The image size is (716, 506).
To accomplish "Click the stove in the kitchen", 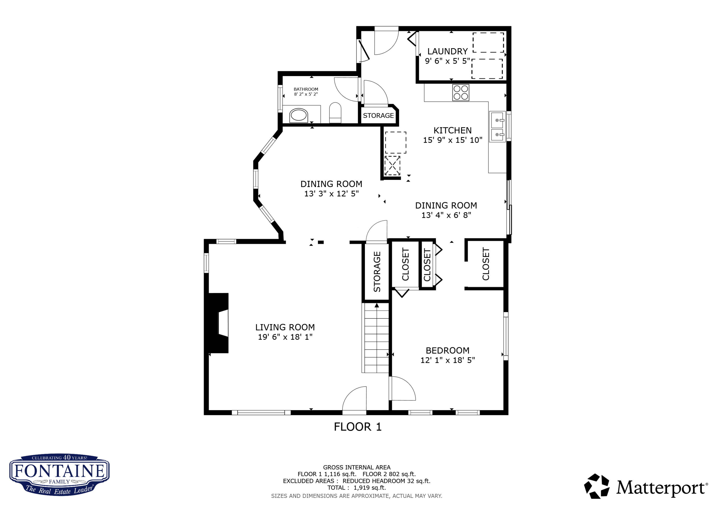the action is pyautogui.click(x=461, y=93).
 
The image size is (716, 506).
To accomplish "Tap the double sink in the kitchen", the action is pyautogui.click(x=497, y=127).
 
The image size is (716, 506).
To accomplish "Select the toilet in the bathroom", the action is pyautogui.click(x=335, y=113).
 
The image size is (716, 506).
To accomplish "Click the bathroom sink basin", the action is pyautogui.click(x=299, y=116).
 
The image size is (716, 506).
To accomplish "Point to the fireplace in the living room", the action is pyautogui.click(x=218, y=323).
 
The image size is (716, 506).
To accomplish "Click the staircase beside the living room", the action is pyautogui.click(x=376, y=338).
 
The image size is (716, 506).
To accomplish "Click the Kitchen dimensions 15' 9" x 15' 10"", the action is pyautogui.click(x=453, y=140).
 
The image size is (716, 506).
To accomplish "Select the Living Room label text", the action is pyautogui.click(x=285, y=327).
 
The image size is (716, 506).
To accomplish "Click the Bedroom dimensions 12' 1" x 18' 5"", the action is pyautogui.click(x=447, y=360).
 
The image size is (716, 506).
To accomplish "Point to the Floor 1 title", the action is pyautogui.click(x=358, y=427).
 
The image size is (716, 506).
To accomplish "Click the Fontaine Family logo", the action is pyautogui.click(x=59, y=475).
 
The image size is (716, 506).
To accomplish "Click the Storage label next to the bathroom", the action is pyautogui.click(x=378, y=116).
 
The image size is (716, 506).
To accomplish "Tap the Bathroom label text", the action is pyautogui.click(x=306, y=89).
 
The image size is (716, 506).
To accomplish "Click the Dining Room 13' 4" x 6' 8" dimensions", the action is pyautogui.click(x=446, y=215).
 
